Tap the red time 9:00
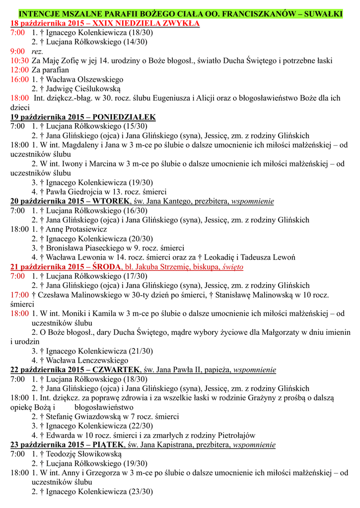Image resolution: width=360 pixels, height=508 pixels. (17, 51)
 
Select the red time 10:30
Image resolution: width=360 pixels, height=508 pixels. (19, 61)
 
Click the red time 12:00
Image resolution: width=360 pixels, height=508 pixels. (19, 70)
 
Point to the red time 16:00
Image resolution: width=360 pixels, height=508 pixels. (19, 79)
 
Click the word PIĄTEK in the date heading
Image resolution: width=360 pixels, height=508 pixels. (108, 444)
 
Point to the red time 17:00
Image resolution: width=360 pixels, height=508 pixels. (19, 295)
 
